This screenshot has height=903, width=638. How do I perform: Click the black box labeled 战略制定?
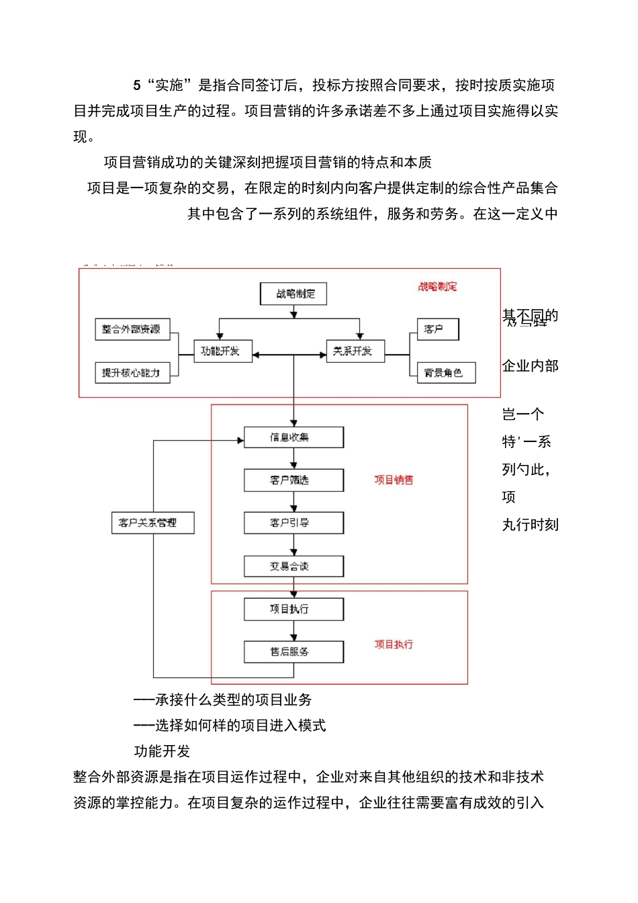pyautogui.click(x=293, y=294)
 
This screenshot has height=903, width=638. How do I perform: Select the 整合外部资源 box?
pyautogui.click(x=132, y=329)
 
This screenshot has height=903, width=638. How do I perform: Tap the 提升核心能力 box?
pyautogui.click(x=132, y=372)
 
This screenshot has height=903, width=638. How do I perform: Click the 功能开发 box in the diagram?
pyautogui.click(x=222, y=351)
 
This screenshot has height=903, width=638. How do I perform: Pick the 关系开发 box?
pyautogui.click(x=355, y=351)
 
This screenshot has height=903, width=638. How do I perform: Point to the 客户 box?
pyautogui.click(x=437, y=329)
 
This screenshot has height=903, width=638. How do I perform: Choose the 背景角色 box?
pyautogui.click(x=446, y=372)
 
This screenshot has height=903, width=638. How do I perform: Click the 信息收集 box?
pyautogui.click(x=293, y=437)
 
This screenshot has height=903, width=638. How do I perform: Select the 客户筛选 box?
pyautogui.click(x=293, y=480)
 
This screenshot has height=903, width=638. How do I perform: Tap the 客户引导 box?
pyautogui.click(x=293, y=523)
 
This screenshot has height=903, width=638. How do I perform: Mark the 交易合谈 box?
pyautogui.click(x=293, y=566)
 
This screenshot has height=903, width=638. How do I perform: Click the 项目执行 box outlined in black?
pyautogui.click(x=293, y=609)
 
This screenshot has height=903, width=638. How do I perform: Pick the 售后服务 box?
pyautogui.click(x=293, y=652)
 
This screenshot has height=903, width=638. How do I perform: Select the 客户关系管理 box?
pyautogui.click(x=152, y=523)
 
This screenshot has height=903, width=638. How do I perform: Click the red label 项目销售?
pyautogui.click(x=394, y=480)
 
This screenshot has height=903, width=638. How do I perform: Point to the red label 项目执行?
pyautogui.click(x=394, y=644)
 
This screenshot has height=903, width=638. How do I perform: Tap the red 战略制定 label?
pyautogui.click(x=437, y=287)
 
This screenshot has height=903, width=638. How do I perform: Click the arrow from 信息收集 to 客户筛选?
pyautogui.click(x=293, y=459)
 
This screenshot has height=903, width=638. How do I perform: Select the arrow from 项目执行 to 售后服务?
pyautogui.click(x=293, y=631)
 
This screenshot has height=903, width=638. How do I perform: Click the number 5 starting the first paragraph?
pyautogui.click(x=137, y=85)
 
